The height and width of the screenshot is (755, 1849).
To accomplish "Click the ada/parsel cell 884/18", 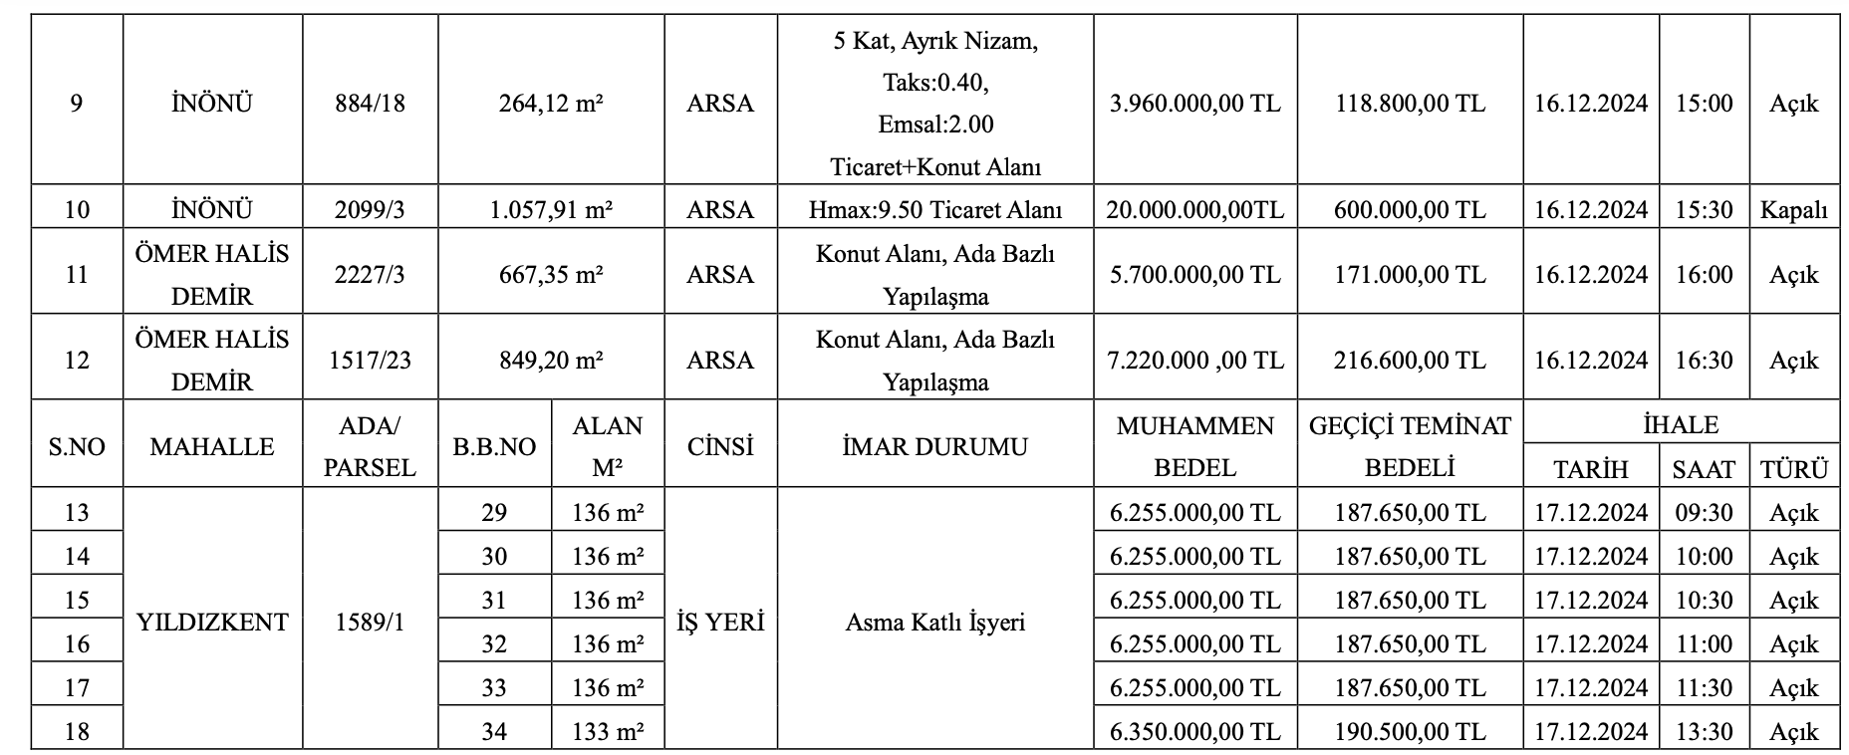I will [x=371, y=104].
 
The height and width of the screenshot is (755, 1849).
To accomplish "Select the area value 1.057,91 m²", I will [x=551, y=210].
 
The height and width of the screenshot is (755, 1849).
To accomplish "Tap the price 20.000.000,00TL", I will [x=1194, y=210].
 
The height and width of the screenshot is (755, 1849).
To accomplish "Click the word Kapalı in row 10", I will [x=1793, y=210].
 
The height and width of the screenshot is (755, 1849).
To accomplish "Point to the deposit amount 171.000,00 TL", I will [x=1410, y=275].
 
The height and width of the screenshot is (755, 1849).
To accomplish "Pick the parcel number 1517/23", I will [x=371, y=361].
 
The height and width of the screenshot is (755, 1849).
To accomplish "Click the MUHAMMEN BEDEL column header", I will [x=1194, y=446].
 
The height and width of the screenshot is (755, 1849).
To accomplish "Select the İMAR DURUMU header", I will [x=934, y=446].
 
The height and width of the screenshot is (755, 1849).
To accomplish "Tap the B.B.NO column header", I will [x=494, y=447].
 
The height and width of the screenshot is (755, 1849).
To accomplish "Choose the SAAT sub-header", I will [x=1704, y=469].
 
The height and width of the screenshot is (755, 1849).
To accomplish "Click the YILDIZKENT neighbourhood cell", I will [x=212, y=623].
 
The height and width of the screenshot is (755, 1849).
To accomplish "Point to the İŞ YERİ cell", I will [x=720, y=623].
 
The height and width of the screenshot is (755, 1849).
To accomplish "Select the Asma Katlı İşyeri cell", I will [x=934, y=623].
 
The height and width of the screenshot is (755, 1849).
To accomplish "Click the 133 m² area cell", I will [x=608, y=732].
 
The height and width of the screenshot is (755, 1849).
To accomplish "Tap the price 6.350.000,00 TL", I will [x=1194, y=732].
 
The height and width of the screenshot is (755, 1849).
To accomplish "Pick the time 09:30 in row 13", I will [x=1704, y=513].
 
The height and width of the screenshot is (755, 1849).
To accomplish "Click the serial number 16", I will [x=77, y=644].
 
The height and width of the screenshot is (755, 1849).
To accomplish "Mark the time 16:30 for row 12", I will [x=1704, y=361].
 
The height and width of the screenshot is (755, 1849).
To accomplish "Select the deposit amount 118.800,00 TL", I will [x=1410, y=104].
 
